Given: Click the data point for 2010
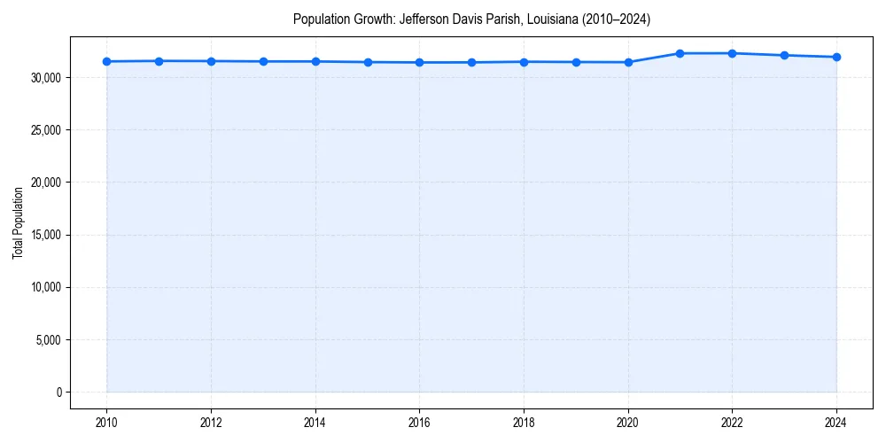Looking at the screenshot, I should point(106,61).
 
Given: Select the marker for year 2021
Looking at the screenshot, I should point(680,53).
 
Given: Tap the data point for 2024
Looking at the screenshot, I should point(836,57).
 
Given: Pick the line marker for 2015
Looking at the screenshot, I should point(368,62).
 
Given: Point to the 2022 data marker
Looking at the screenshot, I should point(732,53).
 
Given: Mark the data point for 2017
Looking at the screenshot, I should point(471,62).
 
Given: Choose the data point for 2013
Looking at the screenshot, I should point(263,61).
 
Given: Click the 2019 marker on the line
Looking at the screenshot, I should point(576,62).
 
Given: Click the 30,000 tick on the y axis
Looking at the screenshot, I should point(44,78).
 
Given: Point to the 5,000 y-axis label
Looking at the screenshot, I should point(47,340).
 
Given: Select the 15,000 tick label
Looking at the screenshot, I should point(44,236).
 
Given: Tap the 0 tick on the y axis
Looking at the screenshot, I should point(59,392).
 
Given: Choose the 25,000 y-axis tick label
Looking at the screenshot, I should point(44,130).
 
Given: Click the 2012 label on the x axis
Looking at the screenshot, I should point(211,422).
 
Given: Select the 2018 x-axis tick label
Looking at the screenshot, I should point(524,422).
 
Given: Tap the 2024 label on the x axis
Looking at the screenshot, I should point(836,422).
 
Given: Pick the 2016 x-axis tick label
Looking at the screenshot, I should point(419,422).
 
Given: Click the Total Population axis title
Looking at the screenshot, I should point(18,222).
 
